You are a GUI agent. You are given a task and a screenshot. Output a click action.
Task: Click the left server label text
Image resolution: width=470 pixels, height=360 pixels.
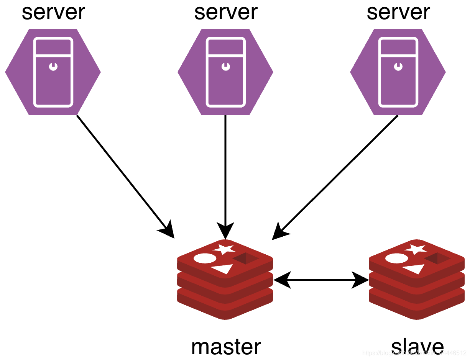coord(53,12)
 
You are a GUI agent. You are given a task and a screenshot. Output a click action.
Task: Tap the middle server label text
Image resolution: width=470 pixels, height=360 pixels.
coord(226,12)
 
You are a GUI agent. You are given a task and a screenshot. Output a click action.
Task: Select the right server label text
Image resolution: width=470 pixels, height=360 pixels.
coord(398,12)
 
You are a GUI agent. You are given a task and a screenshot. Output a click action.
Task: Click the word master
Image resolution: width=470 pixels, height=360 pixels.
coord(226,347)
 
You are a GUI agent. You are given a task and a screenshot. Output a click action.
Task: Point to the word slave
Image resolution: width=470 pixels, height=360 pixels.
coord(417,347)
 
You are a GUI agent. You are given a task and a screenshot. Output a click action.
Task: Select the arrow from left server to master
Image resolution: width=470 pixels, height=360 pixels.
coord(123,172)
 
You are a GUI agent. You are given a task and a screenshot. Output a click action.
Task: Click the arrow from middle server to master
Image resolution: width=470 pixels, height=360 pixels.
coord(225,172)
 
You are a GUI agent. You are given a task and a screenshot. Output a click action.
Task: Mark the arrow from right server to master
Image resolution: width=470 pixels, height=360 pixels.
coord(337,174)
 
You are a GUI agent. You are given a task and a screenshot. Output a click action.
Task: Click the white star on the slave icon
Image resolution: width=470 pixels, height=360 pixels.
coord(416,249)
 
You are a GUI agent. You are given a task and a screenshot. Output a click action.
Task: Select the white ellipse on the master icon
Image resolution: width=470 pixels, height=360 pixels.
coord(205,259)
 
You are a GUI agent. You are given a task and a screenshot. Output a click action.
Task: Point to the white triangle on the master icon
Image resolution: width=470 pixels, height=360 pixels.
coord(223,269)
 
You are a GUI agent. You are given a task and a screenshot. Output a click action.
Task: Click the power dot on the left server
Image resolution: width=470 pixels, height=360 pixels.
coord(53,67)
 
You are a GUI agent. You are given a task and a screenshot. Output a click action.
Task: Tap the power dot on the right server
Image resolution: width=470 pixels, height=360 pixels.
coord(398,67)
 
